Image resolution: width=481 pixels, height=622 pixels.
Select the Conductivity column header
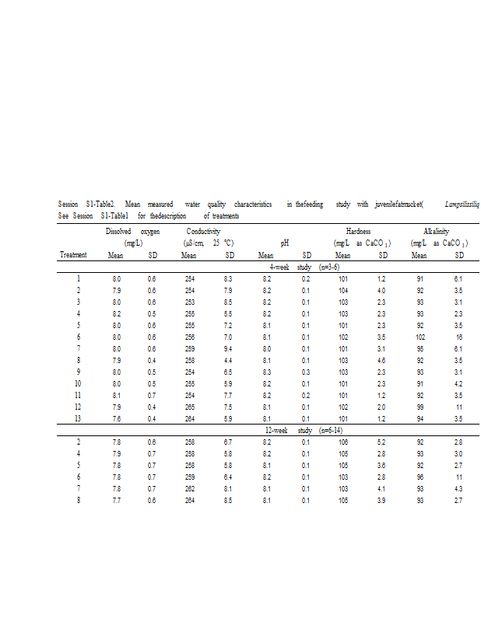point(203,232)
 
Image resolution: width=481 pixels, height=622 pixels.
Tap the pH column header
point(285,243)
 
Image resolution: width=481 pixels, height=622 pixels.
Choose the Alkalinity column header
point(437,232)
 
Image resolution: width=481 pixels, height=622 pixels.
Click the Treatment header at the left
point(73,255)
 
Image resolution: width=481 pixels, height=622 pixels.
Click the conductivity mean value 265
point(188,407)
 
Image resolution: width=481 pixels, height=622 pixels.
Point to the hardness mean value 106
point(342,442)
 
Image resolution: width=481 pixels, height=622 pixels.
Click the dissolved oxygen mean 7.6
point(116,418)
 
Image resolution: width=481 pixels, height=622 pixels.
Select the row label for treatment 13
point(77,418)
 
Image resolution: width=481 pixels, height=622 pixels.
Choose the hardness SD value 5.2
point(382,442)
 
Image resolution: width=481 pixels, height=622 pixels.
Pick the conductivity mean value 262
point(188,488)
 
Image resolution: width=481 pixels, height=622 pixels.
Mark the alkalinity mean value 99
point(420,407)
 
